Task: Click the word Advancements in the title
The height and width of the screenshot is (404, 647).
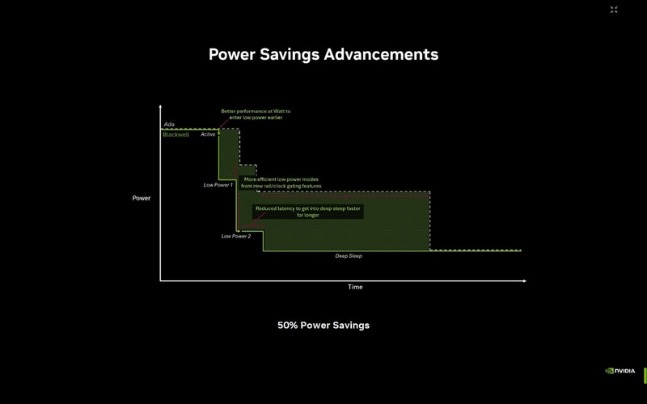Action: coord(381,55)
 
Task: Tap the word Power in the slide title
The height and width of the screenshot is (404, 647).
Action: coord(233,55)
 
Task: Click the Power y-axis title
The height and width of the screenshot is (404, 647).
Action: coord(142,198)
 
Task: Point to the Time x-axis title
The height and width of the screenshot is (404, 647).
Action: coord(355,287)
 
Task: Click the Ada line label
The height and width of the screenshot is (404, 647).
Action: coord(169,124)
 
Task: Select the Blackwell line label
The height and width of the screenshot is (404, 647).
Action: coord(175,134)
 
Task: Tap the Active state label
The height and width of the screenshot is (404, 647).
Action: coord(208,134)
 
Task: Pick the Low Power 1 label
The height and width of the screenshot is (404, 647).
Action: coord(218,185)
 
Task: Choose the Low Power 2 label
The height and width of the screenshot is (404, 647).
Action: coord(236,236)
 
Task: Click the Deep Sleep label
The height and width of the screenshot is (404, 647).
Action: coord(349,256)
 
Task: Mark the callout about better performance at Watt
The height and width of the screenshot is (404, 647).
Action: coord(256,114)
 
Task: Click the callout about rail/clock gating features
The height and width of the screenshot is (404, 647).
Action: coord(281,183)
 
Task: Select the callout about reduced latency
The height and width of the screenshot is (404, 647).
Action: coord(307,212)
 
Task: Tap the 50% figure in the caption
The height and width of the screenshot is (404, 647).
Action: coord(287,326)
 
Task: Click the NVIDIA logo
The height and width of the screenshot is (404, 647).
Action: coord(620,371)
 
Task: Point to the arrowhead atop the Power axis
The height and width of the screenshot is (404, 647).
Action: coord(160,107)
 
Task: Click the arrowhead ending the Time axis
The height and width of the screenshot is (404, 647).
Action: coord(524,280)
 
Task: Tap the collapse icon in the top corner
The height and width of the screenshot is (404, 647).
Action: coord(614,10)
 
